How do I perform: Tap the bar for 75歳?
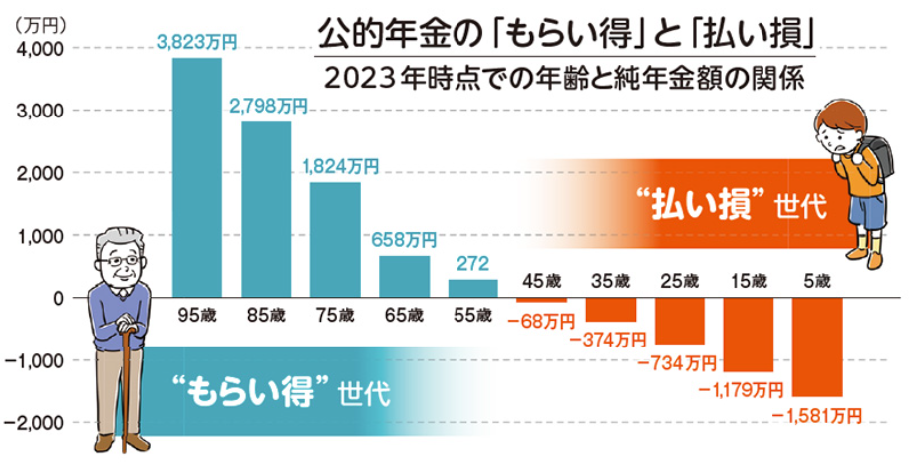tap(335, 240)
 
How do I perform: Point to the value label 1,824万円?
tap(339, 167)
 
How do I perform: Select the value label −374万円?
tap(610, 341)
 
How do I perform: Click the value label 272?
tap(472, 264)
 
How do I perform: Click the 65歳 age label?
tap(403, 316)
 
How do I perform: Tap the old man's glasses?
tap(123, 261)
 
